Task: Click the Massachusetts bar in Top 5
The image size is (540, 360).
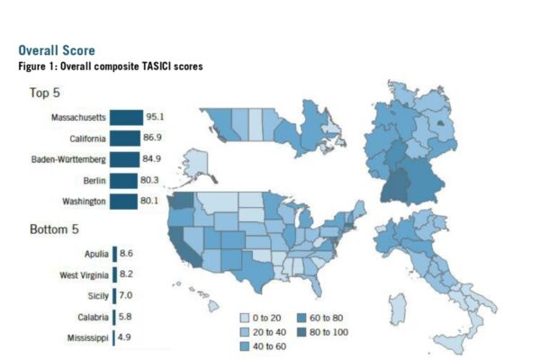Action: click(x=126, y=118)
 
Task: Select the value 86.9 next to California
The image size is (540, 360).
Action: click(x=153, y=138)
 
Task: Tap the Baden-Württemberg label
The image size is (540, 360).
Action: click(x=68, y=159)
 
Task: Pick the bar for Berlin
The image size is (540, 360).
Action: click(x=123, y=181)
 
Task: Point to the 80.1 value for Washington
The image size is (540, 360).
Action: click(x=149, y=201)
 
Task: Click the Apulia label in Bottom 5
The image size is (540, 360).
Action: click(x=96, y=254)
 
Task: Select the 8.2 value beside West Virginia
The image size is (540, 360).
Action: click(x=126, y=274)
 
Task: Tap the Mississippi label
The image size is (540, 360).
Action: click(x=88, y=338)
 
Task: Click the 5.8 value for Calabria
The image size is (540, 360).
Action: click(x=125, y=316)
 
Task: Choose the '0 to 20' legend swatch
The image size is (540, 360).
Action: click(x=245, y=318)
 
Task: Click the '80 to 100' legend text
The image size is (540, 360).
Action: click(x=328, y=332)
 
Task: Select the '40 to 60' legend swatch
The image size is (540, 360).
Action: click(x=245, y=346)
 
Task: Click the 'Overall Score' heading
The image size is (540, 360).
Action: click(x=57, y=50)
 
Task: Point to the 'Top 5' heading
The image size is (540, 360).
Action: click(x=45, y=93)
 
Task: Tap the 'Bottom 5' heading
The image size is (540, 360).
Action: click(x=54, y=229)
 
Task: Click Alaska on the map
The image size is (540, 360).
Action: click(x=195, y=164)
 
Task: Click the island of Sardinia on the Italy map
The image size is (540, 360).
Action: click(x=399, y=310)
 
